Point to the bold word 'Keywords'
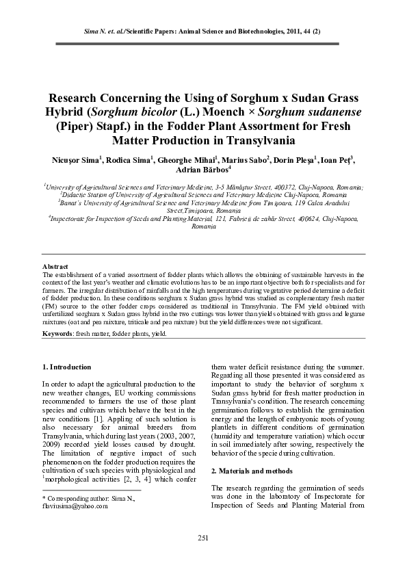point(57,333)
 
